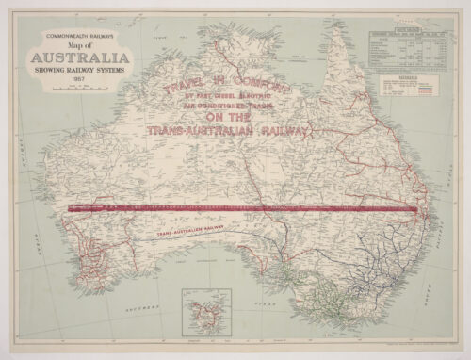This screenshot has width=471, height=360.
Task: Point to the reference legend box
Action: tap(409, 89)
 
